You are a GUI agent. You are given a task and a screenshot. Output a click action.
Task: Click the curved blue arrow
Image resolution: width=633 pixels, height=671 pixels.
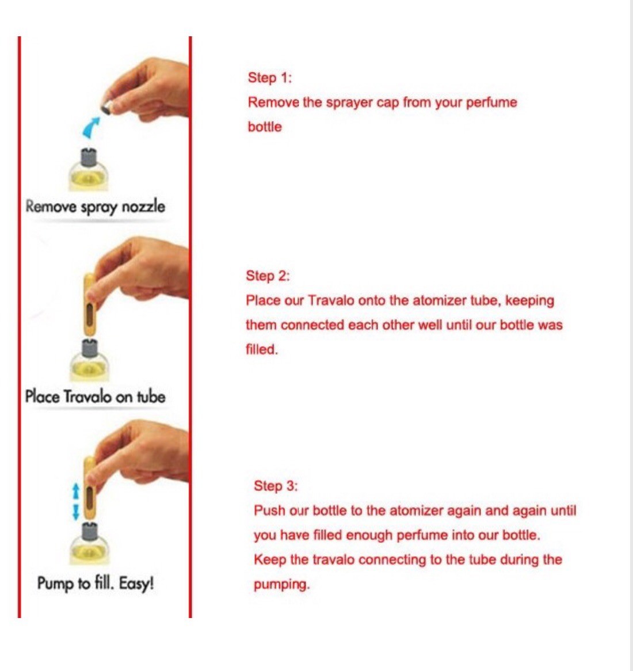pyautogui.click(x=91, y=128)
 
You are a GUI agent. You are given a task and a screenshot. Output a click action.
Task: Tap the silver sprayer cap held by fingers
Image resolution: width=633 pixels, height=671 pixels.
pyautogui.click(x=106, y=106)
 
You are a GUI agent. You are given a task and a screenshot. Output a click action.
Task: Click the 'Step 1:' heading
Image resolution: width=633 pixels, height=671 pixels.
pyautogui.click(x=270, y=78)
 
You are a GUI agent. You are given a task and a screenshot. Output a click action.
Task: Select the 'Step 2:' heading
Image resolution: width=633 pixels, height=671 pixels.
pyautogui.click(x=268, y=276)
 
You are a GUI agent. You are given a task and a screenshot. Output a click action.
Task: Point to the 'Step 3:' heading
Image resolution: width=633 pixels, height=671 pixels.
pyautogui.click(x=276, y=486)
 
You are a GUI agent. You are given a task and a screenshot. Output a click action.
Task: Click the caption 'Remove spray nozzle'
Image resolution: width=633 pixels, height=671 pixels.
pyautogui.click(x=96, y=207)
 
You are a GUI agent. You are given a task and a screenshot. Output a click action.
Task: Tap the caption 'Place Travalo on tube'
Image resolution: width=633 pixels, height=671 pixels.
pyautogui.click(x=95, y=396)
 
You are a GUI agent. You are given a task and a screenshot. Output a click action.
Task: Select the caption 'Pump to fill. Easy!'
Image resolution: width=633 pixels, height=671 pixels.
pyautogui.click(x=96, y=584)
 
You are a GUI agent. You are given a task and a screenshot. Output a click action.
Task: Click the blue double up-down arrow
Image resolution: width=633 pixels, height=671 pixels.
pyautogui.click(x=76, y=502)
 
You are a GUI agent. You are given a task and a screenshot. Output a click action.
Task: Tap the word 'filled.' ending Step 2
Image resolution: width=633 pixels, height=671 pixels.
pyautogui.click(x=261, y=350)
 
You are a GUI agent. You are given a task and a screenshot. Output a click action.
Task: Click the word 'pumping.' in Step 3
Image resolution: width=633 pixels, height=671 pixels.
pyautogui.click(x=281, y=585)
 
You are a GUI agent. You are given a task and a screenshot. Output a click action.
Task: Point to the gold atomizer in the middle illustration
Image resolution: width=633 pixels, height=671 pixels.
pyautogui.click(x=89, y=304)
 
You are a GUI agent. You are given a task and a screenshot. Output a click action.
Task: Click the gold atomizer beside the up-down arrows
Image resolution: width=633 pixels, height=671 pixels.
pyautogui.click(x=89, y=489)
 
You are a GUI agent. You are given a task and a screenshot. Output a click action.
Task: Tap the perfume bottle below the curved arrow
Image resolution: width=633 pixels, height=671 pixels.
pyautogui.click(x=89, y=170)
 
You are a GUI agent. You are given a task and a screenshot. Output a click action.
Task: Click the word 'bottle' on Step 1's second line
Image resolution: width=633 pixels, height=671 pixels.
pyautogui.click(x=265, y=127)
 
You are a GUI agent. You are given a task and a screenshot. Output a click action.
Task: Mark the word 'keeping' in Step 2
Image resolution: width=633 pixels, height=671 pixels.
pyautogui.click(x=529, y=301)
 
